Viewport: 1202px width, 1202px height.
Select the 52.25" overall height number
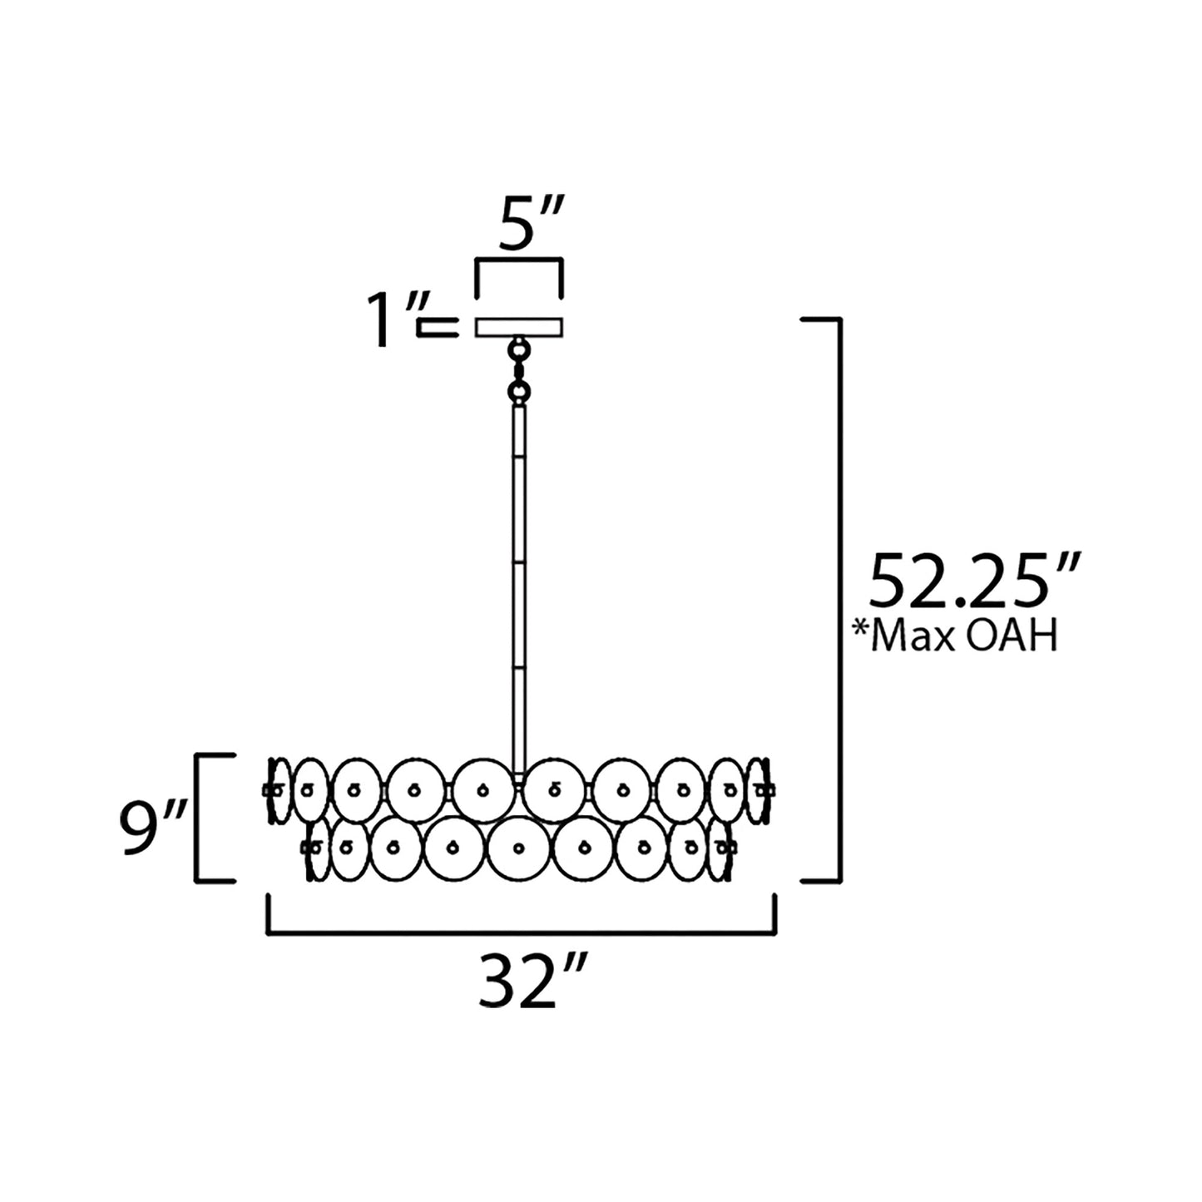tap(973, 581)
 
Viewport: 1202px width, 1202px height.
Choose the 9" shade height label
tap(153, 827)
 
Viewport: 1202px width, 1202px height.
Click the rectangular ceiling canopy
tap(519, 327)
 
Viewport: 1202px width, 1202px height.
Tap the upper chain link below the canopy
tap(518, 350)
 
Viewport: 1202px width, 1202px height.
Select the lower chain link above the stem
tap(518, 392)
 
